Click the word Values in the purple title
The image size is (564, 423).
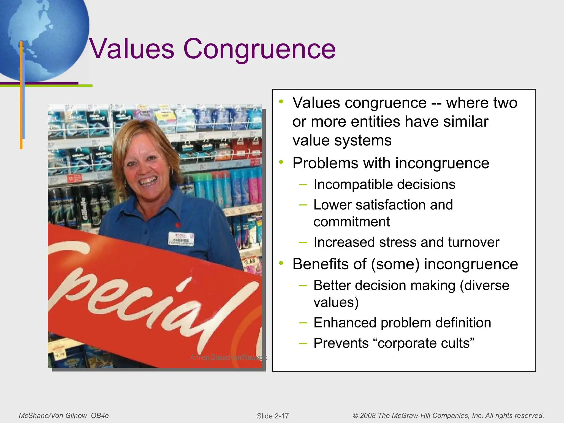pos(132,49)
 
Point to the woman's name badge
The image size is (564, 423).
pos(181,239)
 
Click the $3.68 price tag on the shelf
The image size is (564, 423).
pos(250,261)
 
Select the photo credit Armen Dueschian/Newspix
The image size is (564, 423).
pos(228,357)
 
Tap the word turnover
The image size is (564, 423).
pos(473,242)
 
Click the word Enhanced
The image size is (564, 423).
pos(345,323)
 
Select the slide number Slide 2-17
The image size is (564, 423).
pos(273,416)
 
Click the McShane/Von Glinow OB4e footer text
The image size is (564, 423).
pos(64,416)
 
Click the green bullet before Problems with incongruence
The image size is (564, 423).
pos(281,162)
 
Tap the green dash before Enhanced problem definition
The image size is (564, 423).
pos(303,322)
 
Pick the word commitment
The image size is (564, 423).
pos(352,222)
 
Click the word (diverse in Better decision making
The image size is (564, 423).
pos(484,285)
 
